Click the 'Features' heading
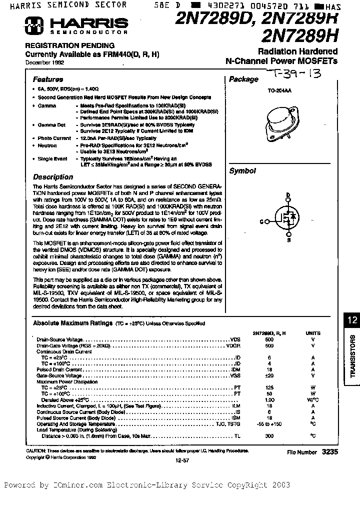(48, 79)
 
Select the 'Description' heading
(52, 177)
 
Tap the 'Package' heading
(243, 79)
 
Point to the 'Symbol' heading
(242, 171)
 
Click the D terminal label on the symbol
(287, 195)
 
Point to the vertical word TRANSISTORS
(352, 356)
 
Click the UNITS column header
(313, 333)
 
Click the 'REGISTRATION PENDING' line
(70, 45)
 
